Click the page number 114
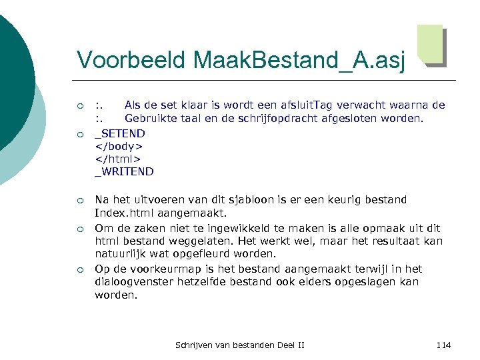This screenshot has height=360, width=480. [443, 345]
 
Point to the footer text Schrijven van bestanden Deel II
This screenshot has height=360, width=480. [239, 345]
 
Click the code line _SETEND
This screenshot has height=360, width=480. [120, 133]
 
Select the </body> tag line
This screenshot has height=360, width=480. [119, 146]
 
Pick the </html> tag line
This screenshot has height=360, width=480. [118, 159]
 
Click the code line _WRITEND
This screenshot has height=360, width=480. [124, 171]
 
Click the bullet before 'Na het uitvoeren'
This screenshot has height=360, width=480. [80, 200]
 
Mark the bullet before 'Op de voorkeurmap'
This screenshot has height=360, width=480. [80, 269]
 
